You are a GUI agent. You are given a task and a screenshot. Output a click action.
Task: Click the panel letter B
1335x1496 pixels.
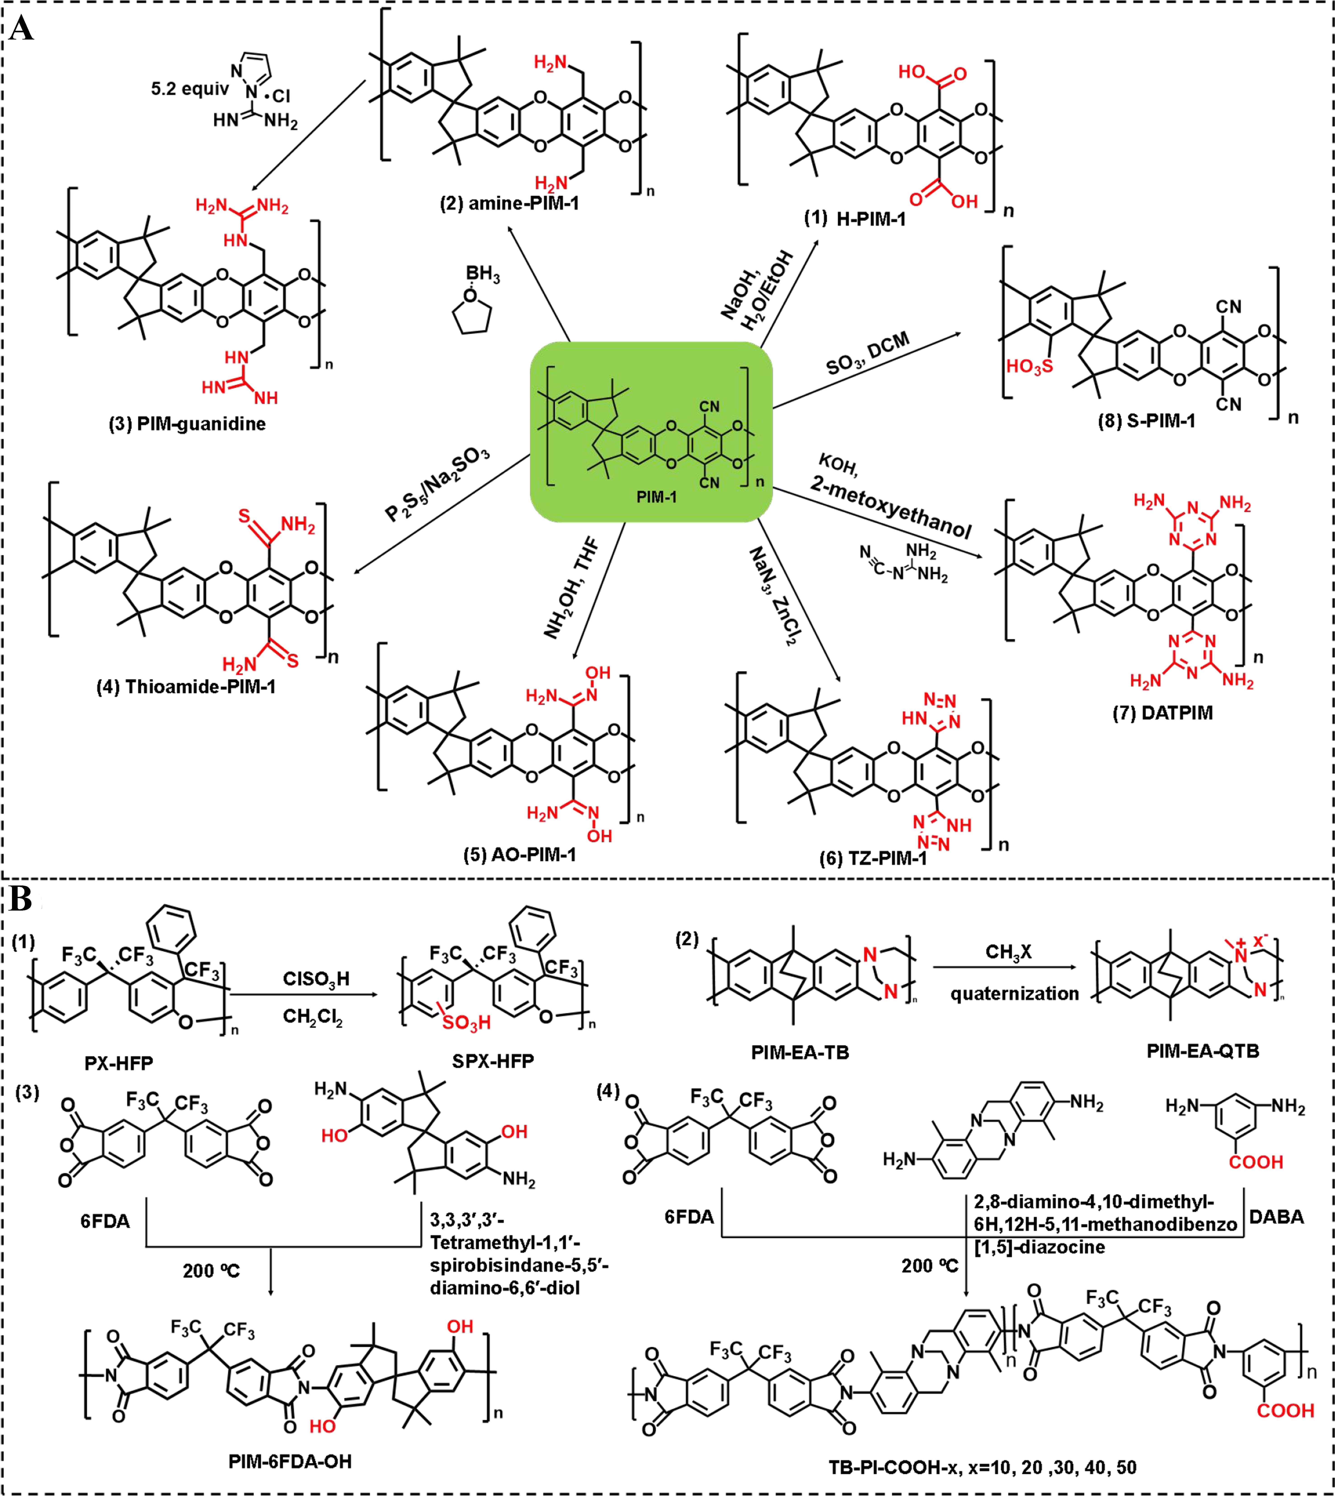21,898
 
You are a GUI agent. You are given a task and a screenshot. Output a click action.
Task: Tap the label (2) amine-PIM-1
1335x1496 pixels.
509,203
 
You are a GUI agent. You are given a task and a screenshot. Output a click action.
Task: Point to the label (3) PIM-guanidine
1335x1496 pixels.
187,424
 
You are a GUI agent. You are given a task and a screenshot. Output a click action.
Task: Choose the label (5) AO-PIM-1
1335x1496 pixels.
519,854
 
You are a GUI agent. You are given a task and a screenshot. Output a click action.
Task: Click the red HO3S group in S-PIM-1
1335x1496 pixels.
1029,366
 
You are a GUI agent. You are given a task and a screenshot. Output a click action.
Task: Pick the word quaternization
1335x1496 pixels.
1014,994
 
